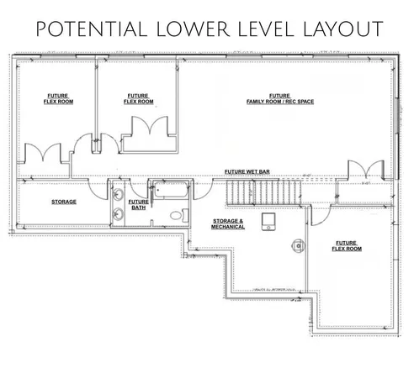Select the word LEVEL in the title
[x=267, y=29]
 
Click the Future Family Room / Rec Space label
[x=279, y=99]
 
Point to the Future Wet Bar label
[x=247, y=171]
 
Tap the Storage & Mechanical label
[x=228, y=223]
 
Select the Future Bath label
[x=138, y=204]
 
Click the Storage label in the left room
[x=64, y=202]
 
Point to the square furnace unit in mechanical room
[x=270, y=220]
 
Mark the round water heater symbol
[x=295, y=246]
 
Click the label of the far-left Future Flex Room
[x=59, y=99]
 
